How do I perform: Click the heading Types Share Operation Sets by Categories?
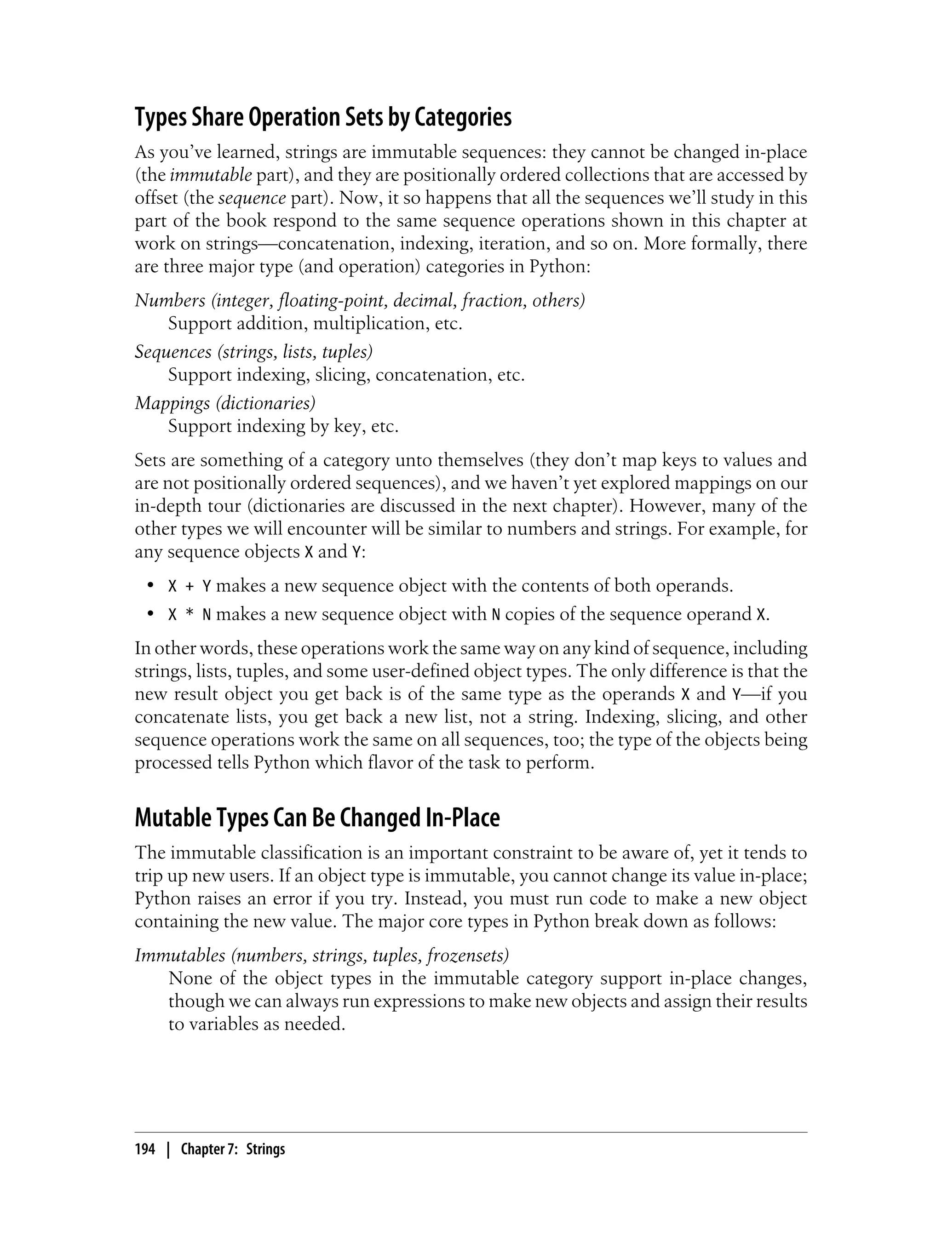[x=323, y=118]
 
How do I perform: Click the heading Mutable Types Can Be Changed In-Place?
[x=317, y=818]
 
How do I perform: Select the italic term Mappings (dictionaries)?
[x=225, y=402]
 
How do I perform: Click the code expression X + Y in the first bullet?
[x=190, y=586]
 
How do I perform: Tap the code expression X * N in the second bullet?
[x=190, y=615]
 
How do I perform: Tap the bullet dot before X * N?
[x=149, y=615]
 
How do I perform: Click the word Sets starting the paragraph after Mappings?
[x=149, y=460]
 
